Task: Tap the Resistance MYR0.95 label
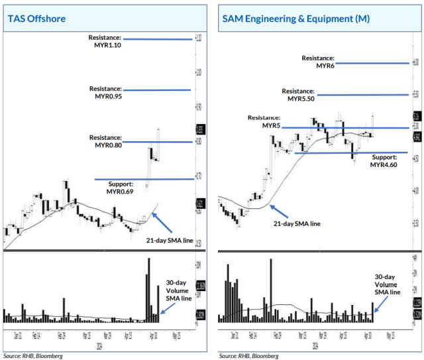click(105, 92)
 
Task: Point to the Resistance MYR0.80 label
click(105, 141)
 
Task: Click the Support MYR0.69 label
click(120, 188)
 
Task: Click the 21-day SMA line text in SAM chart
click(296, 224)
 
